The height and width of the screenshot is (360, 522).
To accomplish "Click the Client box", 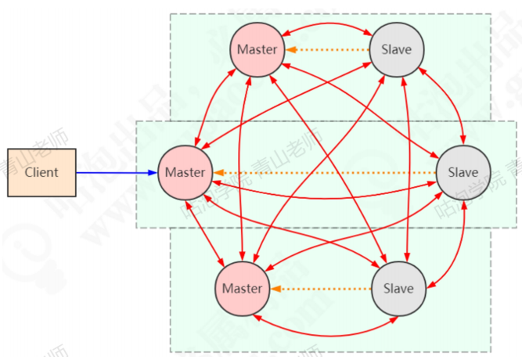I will pyautogui.click(x=41, y=172).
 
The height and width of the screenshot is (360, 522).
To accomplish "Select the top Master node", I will pyautogui.click(x=257, y=49).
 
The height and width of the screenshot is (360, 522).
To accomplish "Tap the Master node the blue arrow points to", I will pyautogui.click(x=185, y=172).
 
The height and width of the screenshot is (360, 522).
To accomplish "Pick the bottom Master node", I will pyautogui.click(x=242, y=288).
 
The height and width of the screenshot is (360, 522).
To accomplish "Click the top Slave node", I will pyautogui.click(x=396, y=49).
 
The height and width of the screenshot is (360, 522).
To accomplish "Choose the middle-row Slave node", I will pyautogui.click(x=463, y=172).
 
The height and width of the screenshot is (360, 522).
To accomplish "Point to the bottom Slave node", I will pyautogui.click(x=398, y=288).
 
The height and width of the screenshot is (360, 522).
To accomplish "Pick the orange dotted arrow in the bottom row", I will pyautogui.click(x=321, y=288).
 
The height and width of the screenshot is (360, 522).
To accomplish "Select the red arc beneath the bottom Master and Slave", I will pyautogui.click(x=320, y=322).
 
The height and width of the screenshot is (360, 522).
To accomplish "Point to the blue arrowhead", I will pyautogui.click(x=153, y=172).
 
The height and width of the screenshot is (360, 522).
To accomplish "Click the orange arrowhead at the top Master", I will pyautogui.click(x=290, y=49).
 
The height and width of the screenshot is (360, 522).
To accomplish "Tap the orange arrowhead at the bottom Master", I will pyautogui.click(x=275, y=288).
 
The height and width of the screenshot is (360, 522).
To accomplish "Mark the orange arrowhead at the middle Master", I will pyautogui.click(x=218, y=172).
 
